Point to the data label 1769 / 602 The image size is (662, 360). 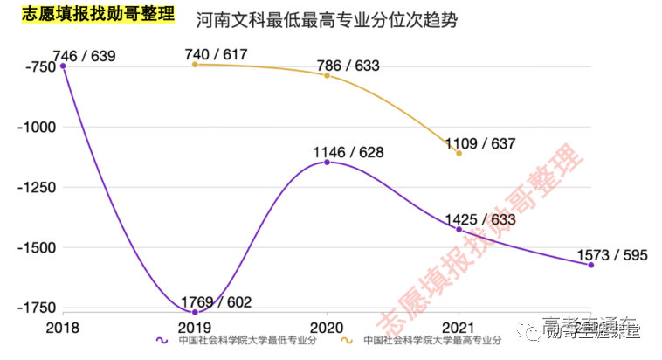tap(216, 302)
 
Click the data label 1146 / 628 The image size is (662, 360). tap(348, 153)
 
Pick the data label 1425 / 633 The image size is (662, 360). tap(479, 219)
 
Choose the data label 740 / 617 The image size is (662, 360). tap(216, 55)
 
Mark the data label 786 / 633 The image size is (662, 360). tap(348, 64)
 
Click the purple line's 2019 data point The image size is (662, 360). tap(195, 312)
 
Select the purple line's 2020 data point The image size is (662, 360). tap(327, 163)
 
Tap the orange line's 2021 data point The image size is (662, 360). tap(459, 153)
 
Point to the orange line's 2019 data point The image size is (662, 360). tap(195, 65)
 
